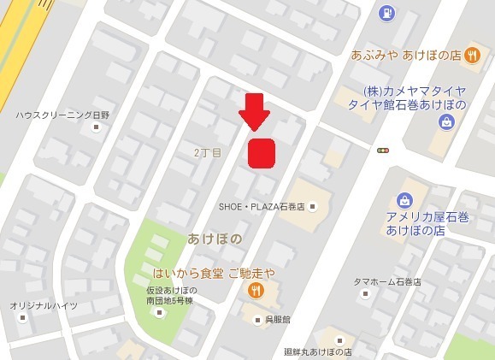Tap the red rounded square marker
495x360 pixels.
(262, 153)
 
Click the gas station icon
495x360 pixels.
(386, 13)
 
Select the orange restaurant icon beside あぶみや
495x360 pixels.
(472, 55)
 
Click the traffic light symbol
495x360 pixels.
(383, 150)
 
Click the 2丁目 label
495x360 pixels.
(207, 152)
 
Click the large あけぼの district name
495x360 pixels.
(215, 239)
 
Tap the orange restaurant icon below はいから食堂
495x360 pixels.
(256, 292)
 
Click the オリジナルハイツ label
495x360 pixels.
(44, 305)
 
